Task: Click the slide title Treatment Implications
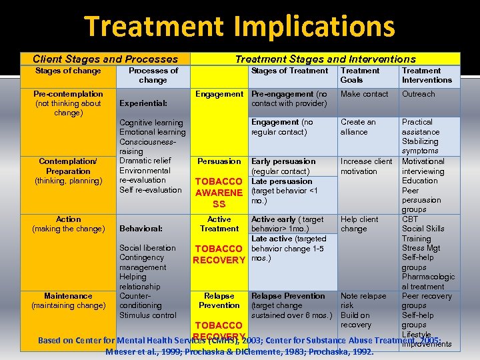[x=239, y=27]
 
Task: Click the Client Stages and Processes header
[x=105, y=59]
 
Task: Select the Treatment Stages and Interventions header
[x=325, y=59]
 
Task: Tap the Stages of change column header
[x=67, y=71]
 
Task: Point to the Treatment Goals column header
[x=360, y=75]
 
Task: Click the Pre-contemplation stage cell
[x=68, y=103]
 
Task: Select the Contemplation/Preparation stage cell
[x=68, y=171]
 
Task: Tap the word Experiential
[x=143, y=103]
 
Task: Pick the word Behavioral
[x=141, y=229]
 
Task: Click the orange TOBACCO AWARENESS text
[x=219, y=193]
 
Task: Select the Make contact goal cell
[x=364, y=94]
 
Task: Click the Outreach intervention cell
[x=418, y=94]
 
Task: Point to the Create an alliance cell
[x=358, y=127]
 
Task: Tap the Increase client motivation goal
[x=366, y=166]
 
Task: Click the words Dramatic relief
[x=145, y=161]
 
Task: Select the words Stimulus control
[x=148, y=315]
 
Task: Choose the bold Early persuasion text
[x=283, y=161]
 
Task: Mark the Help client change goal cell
[x=359, y=224]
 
